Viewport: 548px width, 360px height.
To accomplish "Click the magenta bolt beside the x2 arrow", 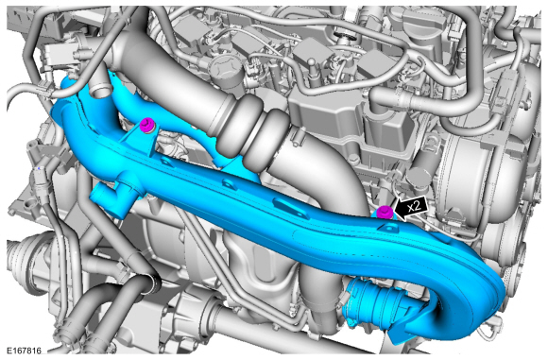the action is tap(385, 212).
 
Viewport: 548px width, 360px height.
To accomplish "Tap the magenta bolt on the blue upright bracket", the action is tap(146, 125).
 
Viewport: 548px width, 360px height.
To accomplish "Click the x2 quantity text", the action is tap(415, 206).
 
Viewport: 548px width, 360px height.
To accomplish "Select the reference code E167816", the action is tap(24, 351).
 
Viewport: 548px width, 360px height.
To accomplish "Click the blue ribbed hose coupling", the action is tap(369, 303).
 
